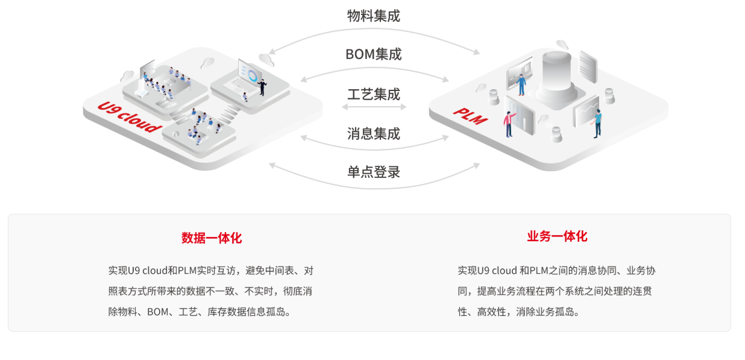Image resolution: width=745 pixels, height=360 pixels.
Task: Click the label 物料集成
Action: (373, 16)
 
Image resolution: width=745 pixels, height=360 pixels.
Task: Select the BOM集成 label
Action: (373, 54)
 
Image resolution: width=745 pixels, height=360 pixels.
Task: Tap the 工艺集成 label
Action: (373, 95)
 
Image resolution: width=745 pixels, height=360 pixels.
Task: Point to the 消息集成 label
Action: (373, 133)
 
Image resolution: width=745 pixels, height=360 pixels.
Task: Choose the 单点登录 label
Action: (373, 172)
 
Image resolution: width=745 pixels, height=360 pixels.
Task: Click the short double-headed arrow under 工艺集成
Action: (374, 107)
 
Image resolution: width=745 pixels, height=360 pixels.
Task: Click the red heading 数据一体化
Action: (212, 238)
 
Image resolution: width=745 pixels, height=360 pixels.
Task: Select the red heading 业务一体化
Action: (557, 236)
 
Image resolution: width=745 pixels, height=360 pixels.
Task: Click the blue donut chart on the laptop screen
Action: (253, 76)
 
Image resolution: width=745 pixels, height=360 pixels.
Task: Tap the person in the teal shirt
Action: (597, 122)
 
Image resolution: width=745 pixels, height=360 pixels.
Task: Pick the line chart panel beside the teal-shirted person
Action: (584, 112)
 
